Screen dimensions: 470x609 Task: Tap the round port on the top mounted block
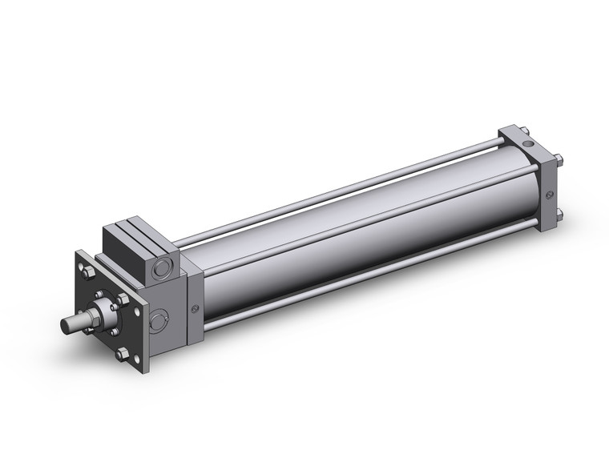164,266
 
